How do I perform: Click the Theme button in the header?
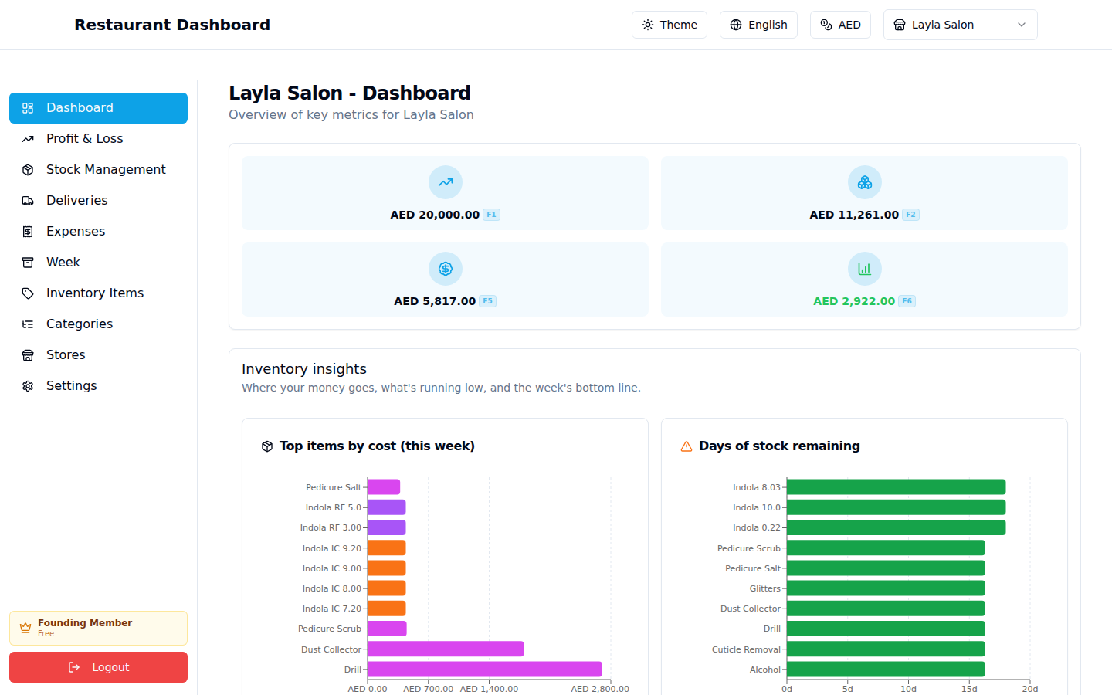669,25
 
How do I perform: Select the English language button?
758,25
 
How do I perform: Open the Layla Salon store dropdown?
960,25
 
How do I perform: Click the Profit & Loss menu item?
84,138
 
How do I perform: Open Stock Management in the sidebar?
106,169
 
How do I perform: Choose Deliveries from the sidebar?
76,200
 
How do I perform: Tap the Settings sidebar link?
71,385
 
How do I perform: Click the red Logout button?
98,667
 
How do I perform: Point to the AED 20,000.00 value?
435,215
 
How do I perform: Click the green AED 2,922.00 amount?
853,301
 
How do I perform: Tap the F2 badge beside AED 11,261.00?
910,215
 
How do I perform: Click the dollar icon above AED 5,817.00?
446,269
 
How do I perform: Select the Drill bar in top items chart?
484,670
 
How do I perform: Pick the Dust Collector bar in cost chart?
445,649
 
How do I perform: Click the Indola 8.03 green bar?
896,487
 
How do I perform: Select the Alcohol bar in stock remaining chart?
886,670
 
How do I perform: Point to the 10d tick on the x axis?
908,689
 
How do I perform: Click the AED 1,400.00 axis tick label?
489,689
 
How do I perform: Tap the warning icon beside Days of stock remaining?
686,446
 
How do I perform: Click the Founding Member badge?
98,628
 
